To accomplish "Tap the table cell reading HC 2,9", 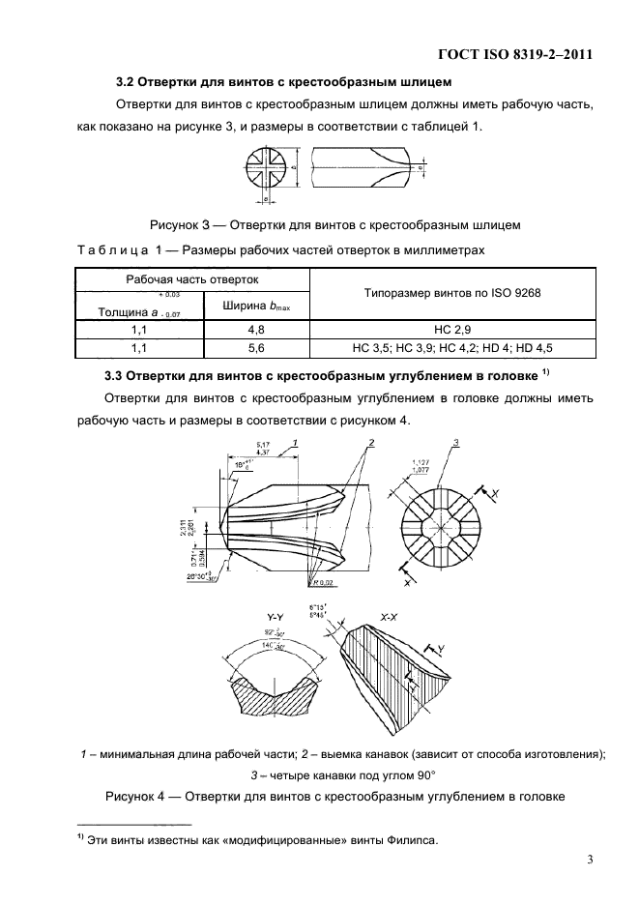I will [450, 329].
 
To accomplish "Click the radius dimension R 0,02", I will [324, 583].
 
